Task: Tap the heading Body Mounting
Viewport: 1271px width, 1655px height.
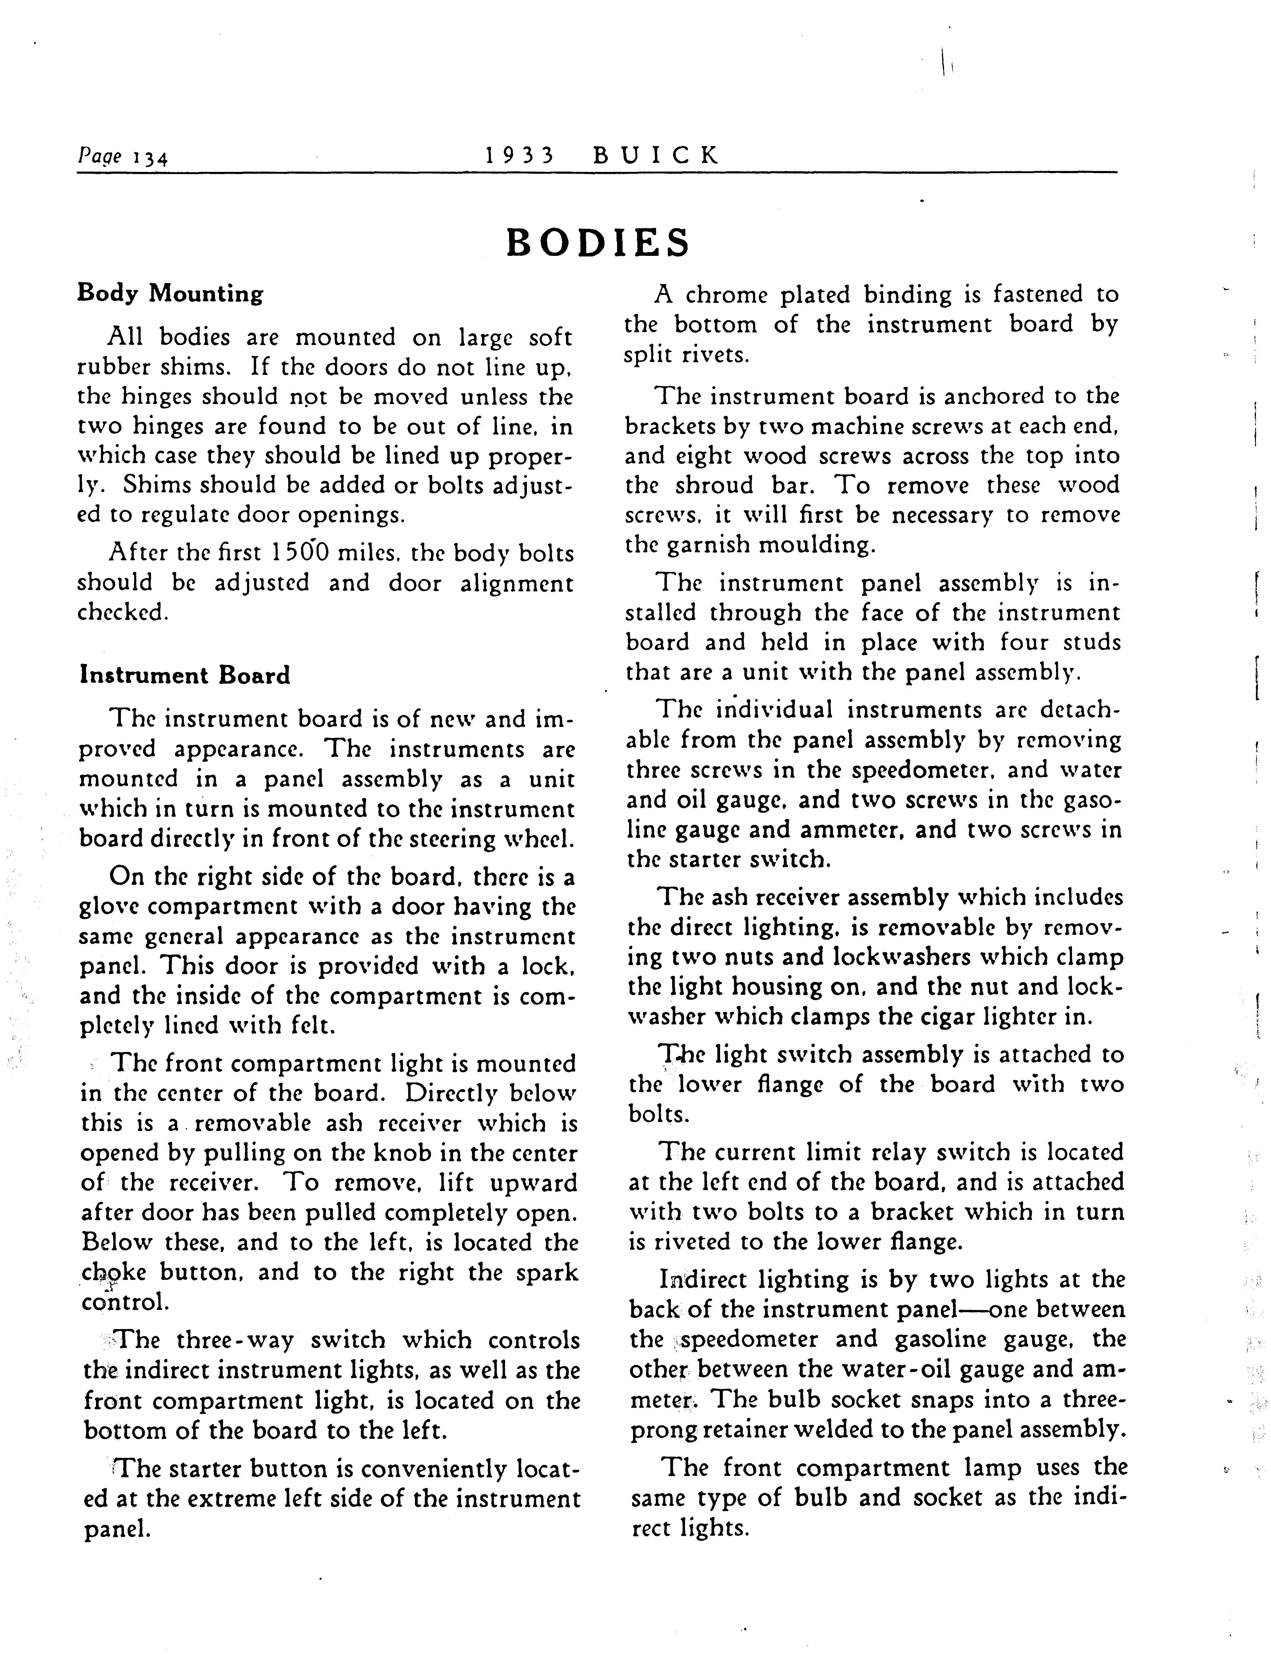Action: (170, 293)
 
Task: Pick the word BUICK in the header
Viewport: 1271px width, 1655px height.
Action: (656, 155)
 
